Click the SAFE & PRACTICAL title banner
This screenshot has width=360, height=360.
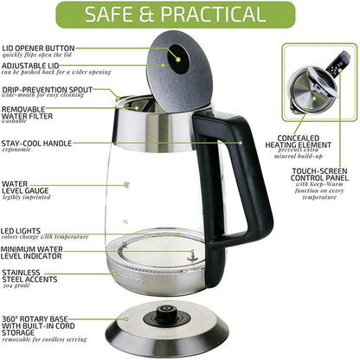click(x=179, y=15)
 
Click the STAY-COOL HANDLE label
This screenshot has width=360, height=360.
click(x=36, y=143)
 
